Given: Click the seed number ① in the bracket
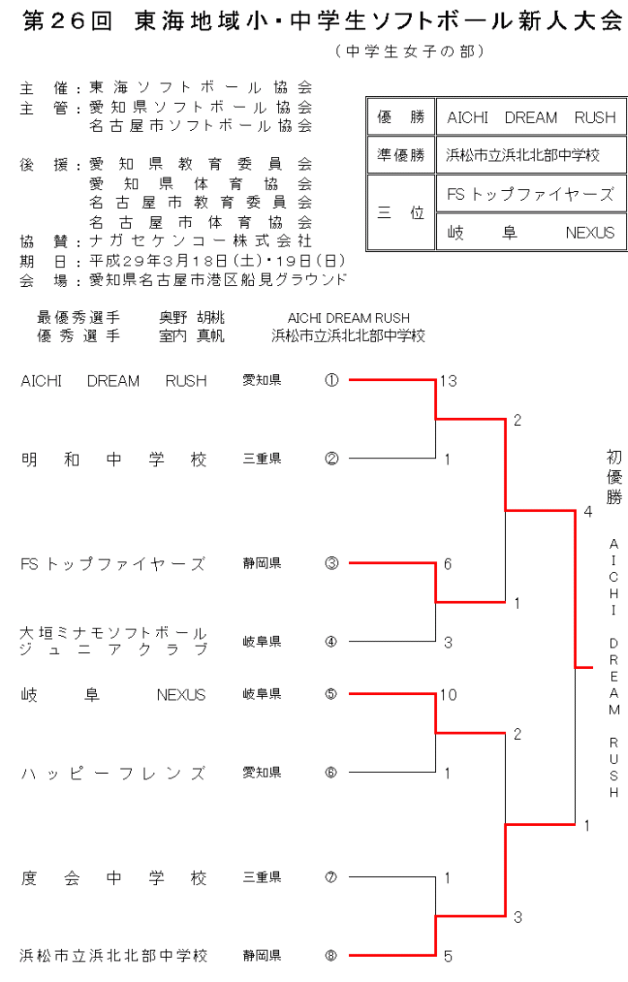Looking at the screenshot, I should pyautogui.click(x=332, y=380).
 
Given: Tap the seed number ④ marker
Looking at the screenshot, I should pyautogui.click(x=332, y=642).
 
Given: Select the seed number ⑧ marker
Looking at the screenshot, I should pyautogui.click(x=332, y=956).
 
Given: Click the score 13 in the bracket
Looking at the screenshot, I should pyautogui.click(x=449, y=381).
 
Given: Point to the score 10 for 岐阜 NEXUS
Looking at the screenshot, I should pyautogui.click(x=449, y=695).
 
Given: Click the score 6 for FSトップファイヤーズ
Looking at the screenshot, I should pyautogui.click(x=448, y=564).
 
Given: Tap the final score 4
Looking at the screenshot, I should pyautogui.click(x=588, y=512).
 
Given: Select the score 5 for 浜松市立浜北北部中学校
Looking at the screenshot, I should pyautogui.click(x=448, y=957).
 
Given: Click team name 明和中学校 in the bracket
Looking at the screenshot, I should pyautogui.click(x=114, y=459).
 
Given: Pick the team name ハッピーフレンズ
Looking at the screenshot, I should pyautogui.click(x=114, y=773).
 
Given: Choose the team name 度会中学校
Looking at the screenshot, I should pyautogui.click(x=114, y=878).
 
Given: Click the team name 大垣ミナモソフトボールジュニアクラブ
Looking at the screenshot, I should pyautogui.click(x=114, y=641).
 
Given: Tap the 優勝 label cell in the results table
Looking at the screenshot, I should pyautogui.click(x=400, y=117).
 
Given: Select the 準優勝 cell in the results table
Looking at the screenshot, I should pyautogui.click(x=400, y=155).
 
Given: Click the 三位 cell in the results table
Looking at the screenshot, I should pyautogui.click(x=400, y=213).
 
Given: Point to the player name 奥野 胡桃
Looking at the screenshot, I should pyautogui.click(x=192, y=318).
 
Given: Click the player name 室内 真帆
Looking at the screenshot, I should pyautogui.click(x=192, y=335).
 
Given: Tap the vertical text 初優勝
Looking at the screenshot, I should pyautogui.click(x=614, y=477).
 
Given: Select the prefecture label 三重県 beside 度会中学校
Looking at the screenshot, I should pyautogui.click(x=262, y=878).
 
